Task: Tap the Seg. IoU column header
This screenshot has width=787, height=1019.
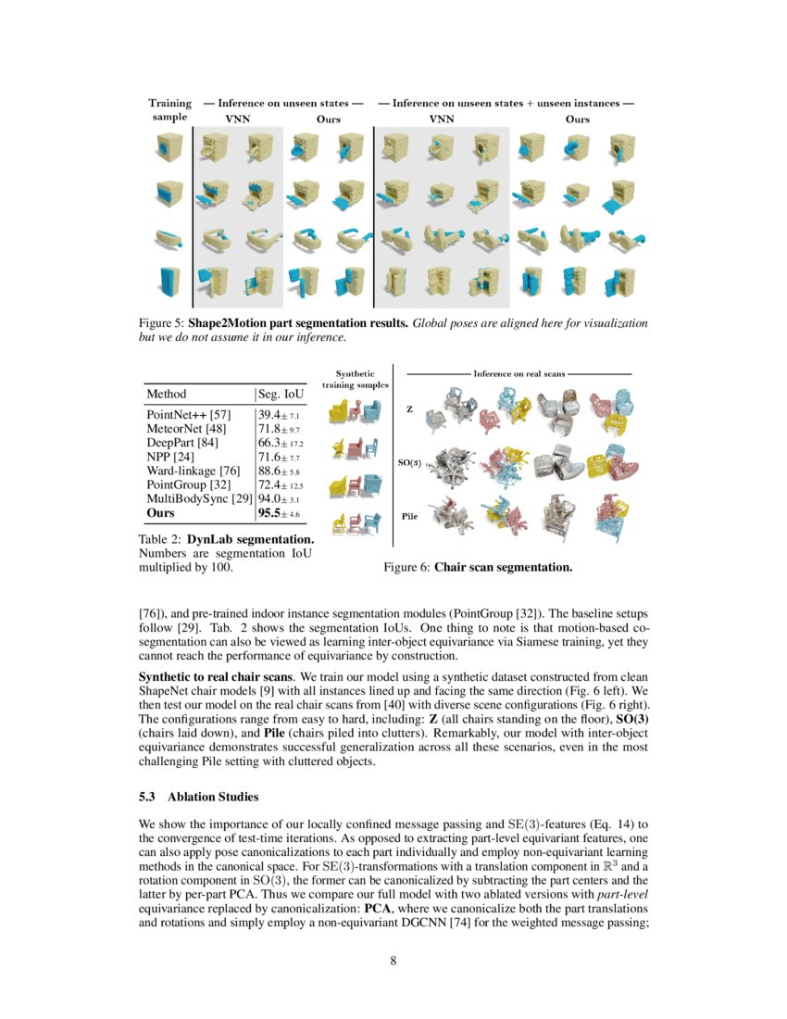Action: (x=281, y=394)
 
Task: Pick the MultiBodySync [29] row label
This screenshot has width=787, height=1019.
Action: (x=199, y=498)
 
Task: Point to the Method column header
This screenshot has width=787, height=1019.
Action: (x=167, y=394)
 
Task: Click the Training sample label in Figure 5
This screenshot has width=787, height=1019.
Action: (x=170, y=110)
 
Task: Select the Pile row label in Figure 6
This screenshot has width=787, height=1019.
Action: (x=411, y=515)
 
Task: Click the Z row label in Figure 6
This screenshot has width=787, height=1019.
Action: (x=408, y=408)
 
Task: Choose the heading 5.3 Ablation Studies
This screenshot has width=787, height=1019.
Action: (x=198, y=797)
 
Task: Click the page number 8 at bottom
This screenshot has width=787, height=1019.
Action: (x=393, y=961)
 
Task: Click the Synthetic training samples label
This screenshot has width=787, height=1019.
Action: (x=356, y=379)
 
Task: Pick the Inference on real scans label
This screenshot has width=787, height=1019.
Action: (x=518, y=373)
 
